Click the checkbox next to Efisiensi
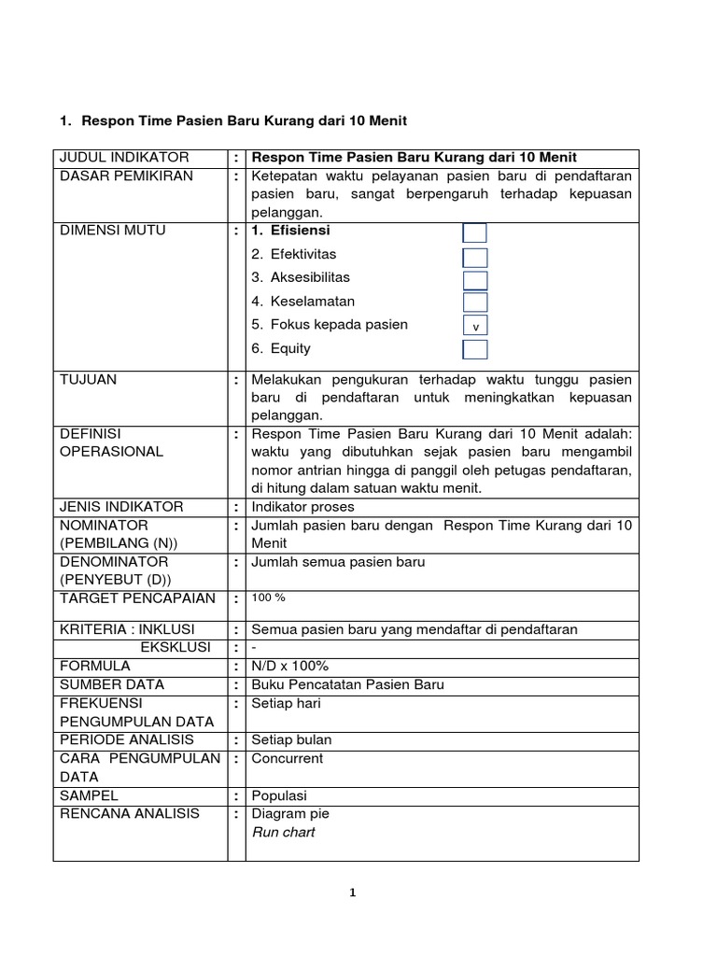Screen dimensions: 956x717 [x=474, y=232]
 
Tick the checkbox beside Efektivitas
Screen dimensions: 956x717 [x=474, y=257]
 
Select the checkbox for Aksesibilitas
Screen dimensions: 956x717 [x=474, y=280]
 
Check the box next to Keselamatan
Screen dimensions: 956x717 [x=474, y=302]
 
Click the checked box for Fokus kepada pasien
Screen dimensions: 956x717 [x=475, y=327]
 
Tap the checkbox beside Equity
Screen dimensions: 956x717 [x=474, y=350]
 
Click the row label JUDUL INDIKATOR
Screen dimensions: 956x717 [x=124, y=157]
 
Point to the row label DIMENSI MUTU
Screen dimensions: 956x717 [x=113, y=231]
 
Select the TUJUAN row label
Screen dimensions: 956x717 [x=89, y=380]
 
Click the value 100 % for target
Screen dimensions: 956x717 [x=269, y=597]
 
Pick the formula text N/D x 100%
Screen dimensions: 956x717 [x=289, y=666]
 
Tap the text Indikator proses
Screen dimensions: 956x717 [x=302, y=506]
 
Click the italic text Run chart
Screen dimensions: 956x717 [x=283, y=832]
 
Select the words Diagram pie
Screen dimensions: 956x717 [x=291, y=813]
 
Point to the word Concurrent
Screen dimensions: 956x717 [x=287, y=758]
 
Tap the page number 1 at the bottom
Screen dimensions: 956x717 [x=352, y=893]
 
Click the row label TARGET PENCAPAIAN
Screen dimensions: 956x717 [x=137, y=597]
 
